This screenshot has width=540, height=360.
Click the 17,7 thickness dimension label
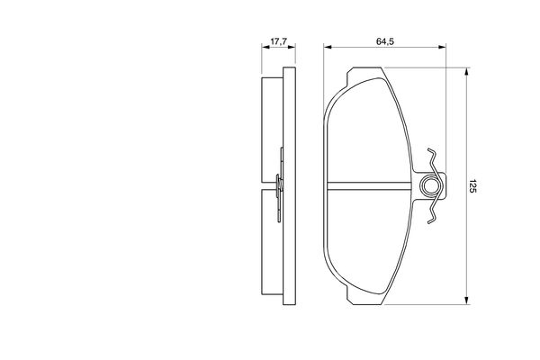pos(279,41)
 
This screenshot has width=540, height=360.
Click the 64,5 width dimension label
pos(385,41)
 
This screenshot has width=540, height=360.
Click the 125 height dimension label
pos(472,186)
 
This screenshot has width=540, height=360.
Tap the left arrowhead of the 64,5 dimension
pos(328,47)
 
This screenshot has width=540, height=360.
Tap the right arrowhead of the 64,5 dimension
pos(442,47)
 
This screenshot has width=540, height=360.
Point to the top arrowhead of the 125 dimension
pos(466,71)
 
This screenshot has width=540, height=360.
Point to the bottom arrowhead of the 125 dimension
pos(466,301)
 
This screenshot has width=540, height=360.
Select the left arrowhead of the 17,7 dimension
pos(265,47)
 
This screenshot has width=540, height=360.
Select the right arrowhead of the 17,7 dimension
pos(292,47)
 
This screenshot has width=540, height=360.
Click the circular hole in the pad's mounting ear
pos(429,186)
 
